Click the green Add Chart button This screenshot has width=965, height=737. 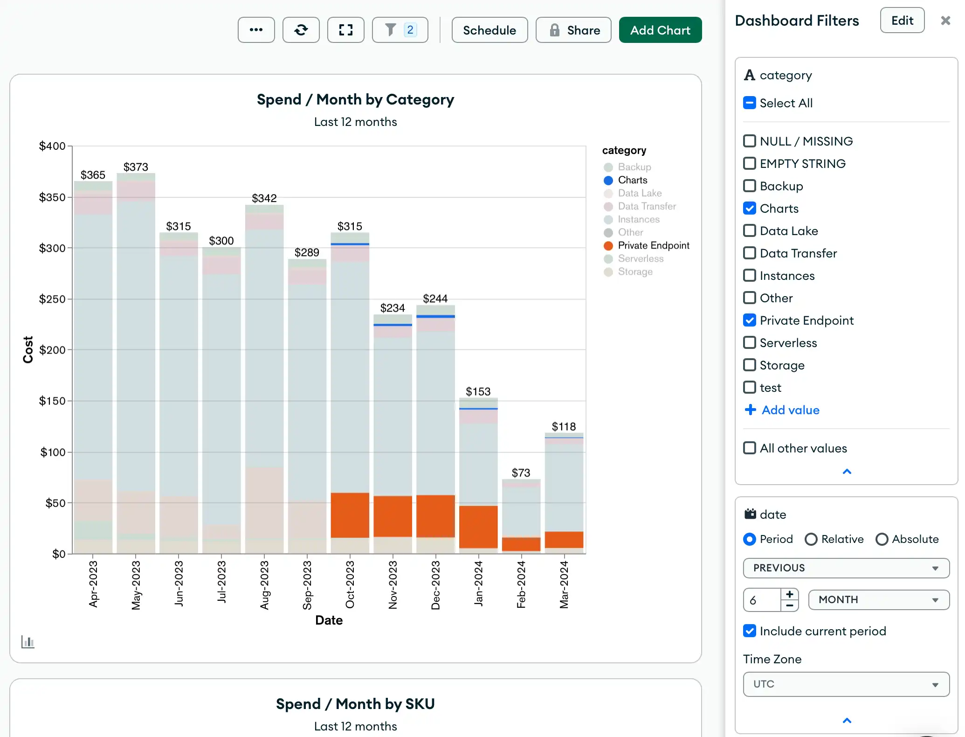click(x=660, y=30)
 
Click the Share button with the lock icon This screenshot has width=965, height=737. click(x=573, y=30)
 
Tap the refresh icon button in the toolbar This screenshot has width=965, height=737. click(x=301, y=30)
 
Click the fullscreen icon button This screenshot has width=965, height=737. click(x=345, y=30)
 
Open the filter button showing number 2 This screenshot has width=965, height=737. click(x=400, y=30)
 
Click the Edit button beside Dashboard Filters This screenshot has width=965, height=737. click(x=902, y=21)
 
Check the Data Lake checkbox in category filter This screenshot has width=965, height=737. click(x=749, y=231)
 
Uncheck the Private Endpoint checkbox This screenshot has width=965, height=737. click(x=749, y=320)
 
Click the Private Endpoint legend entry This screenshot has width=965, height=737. click(x=653, y=246)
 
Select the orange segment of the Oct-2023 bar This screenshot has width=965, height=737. click(x=350, y=515)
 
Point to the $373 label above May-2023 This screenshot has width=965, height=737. click(x=136, y=167)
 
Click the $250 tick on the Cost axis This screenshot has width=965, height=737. click(x=52, y=299)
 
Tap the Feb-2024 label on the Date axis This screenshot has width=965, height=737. click(x=521, y=584)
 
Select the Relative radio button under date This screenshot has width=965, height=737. click(x=811, y=539)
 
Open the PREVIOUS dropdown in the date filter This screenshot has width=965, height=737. click(x=846, y=568)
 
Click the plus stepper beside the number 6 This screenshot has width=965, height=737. click(x=789, y=594)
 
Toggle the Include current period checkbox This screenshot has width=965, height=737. click(x=749, y=631)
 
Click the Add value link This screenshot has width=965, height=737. click(x=790, y=410)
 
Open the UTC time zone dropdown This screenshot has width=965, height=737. click(x=846, y=684)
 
